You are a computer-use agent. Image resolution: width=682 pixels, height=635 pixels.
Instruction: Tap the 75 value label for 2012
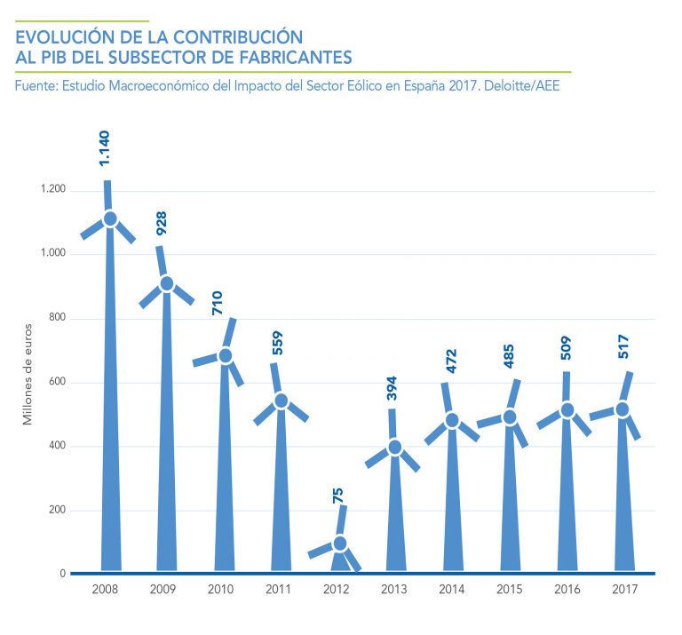click(x=337, y=495)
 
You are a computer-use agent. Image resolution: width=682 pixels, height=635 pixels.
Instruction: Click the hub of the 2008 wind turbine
click(x=110, y=218)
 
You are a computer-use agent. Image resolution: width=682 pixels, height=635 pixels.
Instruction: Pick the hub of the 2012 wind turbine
click(x=339, y=544)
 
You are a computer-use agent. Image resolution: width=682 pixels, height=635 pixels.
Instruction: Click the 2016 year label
click(x=566, y=589)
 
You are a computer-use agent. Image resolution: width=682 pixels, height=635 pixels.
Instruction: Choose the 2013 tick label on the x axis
click(x=394, y=589)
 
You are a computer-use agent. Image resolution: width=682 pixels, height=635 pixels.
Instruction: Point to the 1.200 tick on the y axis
click(x=52, y=190)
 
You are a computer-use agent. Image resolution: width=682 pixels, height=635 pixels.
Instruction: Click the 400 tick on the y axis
click(x=57, y=447)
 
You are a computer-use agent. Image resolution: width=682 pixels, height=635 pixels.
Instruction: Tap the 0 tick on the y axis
click(x=62, y=574)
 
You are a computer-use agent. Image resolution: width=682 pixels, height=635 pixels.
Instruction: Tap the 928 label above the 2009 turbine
click(x=162, y=223)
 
